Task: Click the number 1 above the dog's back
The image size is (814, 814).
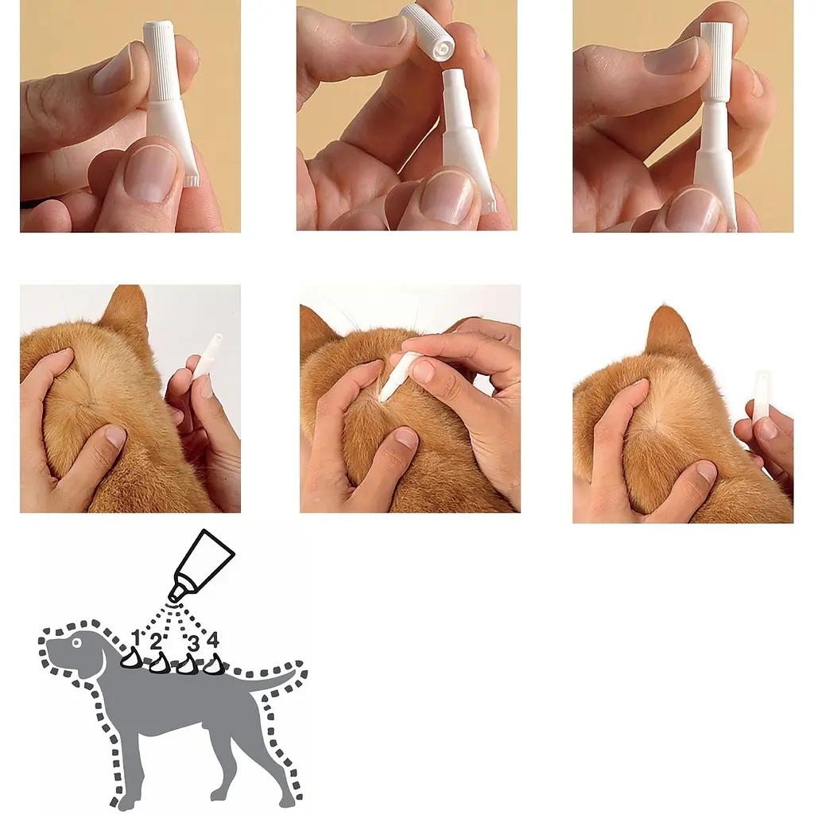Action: tap(136, 638)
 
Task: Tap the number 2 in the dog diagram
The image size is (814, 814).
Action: tap(156, 642)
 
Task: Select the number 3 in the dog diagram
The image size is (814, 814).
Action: tap(193, 644)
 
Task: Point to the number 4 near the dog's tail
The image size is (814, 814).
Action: tap(213, 639)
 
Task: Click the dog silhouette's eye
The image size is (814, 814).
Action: tap(77, 643)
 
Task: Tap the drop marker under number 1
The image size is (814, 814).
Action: tap(132, 657)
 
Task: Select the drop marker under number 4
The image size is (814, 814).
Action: tap(214, 665)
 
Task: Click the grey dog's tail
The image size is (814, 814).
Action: tap(270, 680)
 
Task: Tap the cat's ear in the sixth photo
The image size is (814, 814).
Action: tap(670, 331)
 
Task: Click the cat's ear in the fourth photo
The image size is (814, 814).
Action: tap(126, 312)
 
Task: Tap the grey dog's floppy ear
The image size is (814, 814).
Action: tap(97, 660)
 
